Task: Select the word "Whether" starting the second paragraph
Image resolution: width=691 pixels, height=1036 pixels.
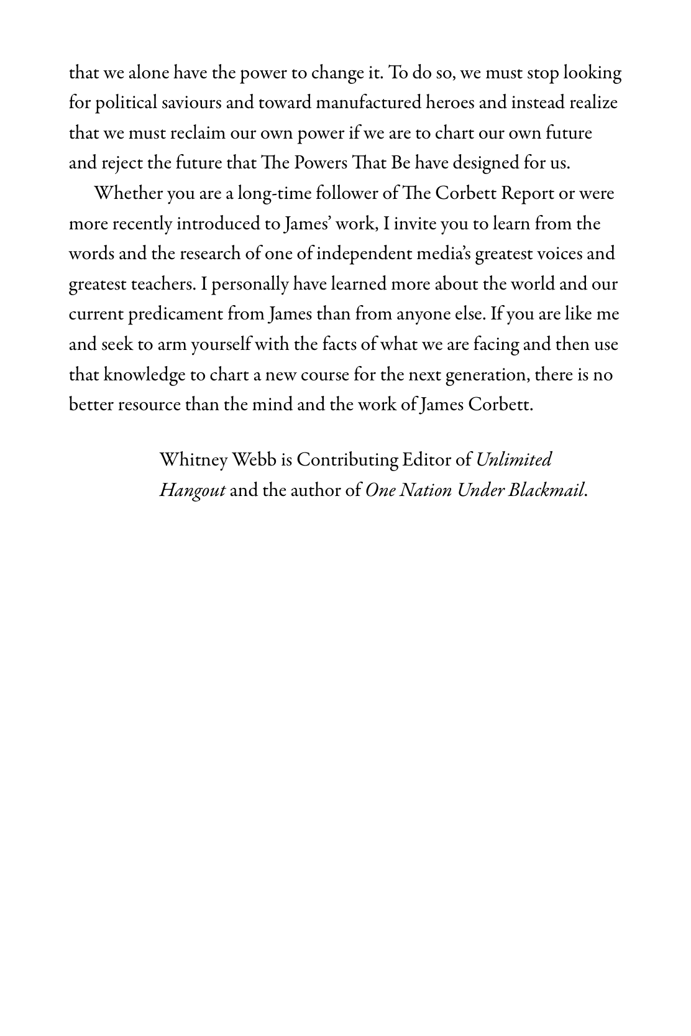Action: coord(127,193)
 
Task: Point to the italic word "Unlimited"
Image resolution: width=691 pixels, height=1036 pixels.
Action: coord(514,460)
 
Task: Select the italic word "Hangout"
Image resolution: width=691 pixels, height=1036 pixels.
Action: coord(192,490)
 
